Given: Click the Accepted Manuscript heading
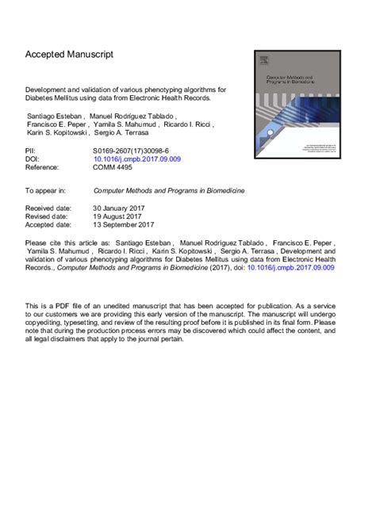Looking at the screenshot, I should coord(70,55).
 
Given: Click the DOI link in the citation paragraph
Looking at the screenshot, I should coord(292,269).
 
